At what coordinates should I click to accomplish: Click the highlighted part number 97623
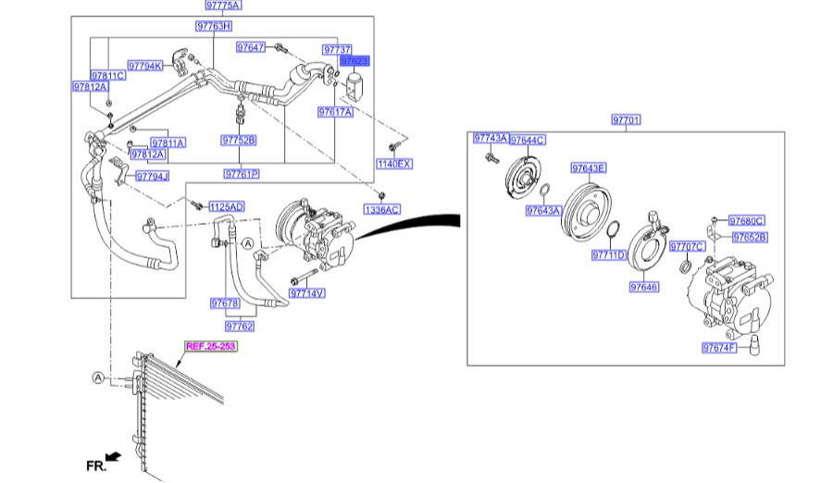355,60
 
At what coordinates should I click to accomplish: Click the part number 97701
626,120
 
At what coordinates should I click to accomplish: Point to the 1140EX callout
393,164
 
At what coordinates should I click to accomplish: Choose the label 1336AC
382,210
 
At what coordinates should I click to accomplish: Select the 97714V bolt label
307,293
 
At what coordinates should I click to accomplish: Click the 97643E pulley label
588,168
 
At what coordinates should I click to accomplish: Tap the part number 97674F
718,348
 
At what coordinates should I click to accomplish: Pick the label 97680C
746,221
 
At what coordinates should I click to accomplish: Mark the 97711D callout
609,254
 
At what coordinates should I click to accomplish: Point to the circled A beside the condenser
97,378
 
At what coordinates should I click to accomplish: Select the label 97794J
152,176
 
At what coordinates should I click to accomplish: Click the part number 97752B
238,141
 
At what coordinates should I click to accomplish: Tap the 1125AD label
225,206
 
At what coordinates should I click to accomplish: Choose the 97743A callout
490,138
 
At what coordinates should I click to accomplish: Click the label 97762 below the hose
239,326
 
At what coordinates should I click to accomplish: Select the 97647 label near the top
251,46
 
